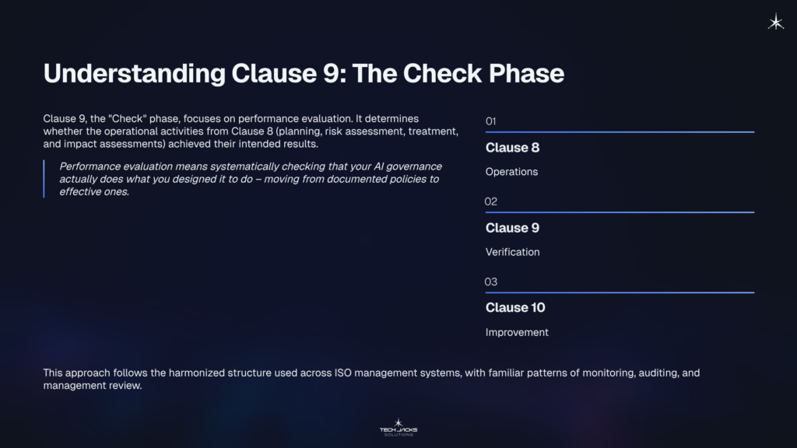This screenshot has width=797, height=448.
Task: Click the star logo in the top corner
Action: pos(776,23)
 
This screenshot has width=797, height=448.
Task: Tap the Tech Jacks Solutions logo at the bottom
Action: pos(398,426)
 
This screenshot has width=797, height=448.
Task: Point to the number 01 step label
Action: pos(490,121)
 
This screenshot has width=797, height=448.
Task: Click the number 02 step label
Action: pos(491,201)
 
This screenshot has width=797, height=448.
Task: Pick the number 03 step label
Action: pos(491,282)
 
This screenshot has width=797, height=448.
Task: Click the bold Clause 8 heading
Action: pos(512,148)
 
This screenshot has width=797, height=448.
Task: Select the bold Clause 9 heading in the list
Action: pos(512,228)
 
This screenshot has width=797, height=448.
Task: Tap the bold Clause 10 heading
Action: pos(515,308)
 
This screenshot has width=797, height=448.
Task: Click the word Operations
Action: pos(511,172)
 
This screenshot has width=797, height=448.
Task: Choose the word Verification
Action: pos(512,252)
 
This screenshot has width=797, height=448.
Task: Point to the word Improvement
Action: pos(517,332)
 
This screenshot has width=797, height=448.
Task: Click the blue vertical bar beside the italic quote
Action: pos(44,179)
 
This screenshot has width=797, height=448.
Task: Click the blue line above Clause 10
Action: pos(620,292)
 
